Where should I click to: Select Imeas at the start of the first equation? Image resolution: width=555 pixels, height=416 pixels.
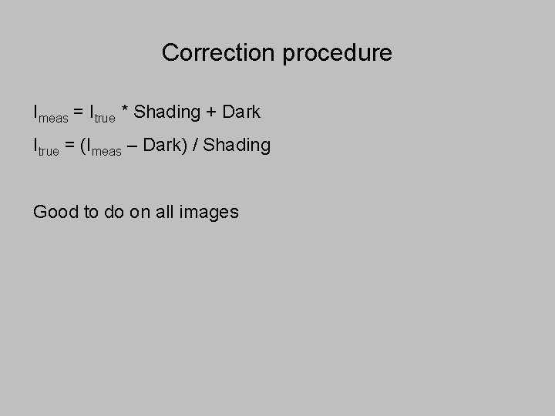pos(50,113)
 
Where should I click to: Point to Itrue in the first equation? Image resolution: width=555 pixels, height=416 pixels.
pos(103,113)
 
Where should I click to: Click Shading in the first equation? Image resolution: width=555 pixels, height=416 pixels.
pos(166,112)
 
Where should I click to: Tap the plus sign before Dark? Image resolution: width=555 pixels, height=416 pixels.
pos(211,112)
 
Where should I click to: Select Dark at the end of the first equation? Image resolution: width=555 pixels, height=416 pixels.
pos(241,112)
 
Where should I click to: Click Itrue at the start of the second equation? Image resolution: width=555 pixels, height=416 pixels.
pos(45,146)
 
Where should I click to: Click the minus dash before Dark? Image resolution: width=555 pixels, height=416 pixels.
pos(133,146)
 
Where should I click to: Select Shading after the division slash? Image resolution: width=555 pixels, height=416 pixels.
pos(237,146)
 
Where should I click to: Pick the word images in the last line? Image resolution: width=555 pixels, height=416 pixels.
pos(209,212)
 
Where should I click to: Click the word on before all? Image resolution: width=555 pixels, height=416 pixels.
pos(140,212)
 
